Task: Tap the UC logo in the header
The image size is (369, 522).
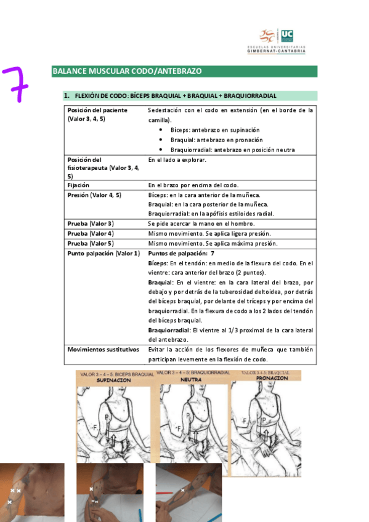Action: [287, 36]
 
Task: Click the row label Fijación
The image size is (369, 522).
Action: [78, 185]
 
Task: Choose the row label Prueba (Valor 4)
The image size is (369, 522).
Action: [91, 233]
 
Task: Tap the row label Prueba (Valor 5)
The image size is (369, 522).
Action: [91, 243]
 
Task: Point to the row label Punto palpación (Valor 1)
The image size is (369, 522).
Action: [103, 253]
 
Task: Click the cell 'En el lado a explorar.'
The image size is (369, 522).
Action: [177, 159]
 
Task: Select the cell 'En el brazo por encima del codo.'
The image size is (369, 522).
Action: [193, 185]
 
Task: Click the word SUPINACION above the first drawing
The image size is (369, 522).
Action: [114, 380]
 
